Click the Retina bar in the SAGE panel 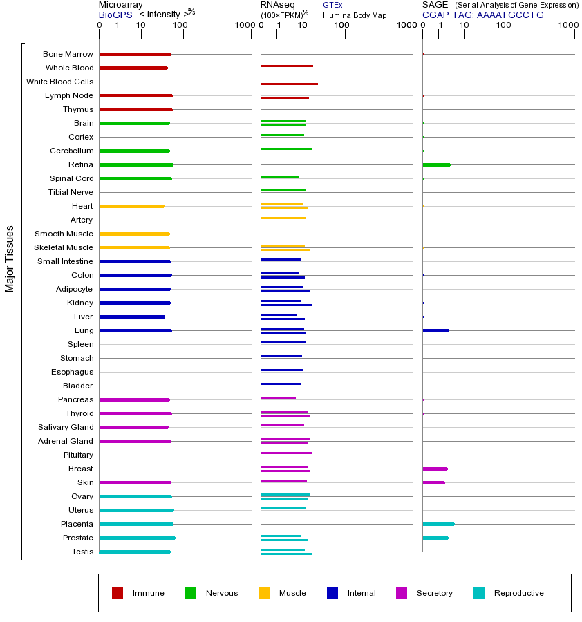pyautogui.click(x=436, y=164)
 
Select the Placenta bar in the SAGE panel pyautogui.click(x=438, y=524)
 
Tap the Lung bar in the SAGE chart pyautogui.click(x=435, y=330)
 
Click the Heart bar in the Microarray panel pyautogui.click(x=131, y=206)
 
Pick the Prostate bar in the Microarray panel pyautogui.click(x=137, y=538)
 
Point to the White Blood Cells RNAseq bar pyautogui.click(x=289, y=84)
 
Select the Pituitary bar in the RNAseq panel pyautogui.click(x=286, y=453)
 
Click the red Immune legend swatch pyautogui.click(x=118, y=593)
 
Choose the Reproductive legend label pyautogui.click(x=518, y=593)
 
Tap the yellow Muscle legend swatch pyautogui.click(x=264, y=593)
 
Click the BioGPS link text pyautogui.click(x=115, y=15)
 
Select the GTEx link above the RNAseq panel pyautogui.click(x=332, y=6)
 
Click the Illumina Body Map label pyautogui.click(x=355, y=15)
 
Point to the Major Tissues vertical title pyautogui.click(x=10, y=258)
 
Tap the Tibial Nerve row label pyautogui.click(x=71, y=192)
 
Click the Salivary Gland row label pyautogui.click(x=66, y=427)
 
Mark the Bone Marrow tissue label pyautogui.click(x=68, y=54)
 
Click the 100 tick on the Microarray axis pyautogui.click(x=180, y=26)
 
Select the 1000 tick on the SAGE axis pyautogui.click(x=568, y=26)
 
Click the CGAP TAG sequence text pyautogui.click(x=482, y=15)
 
